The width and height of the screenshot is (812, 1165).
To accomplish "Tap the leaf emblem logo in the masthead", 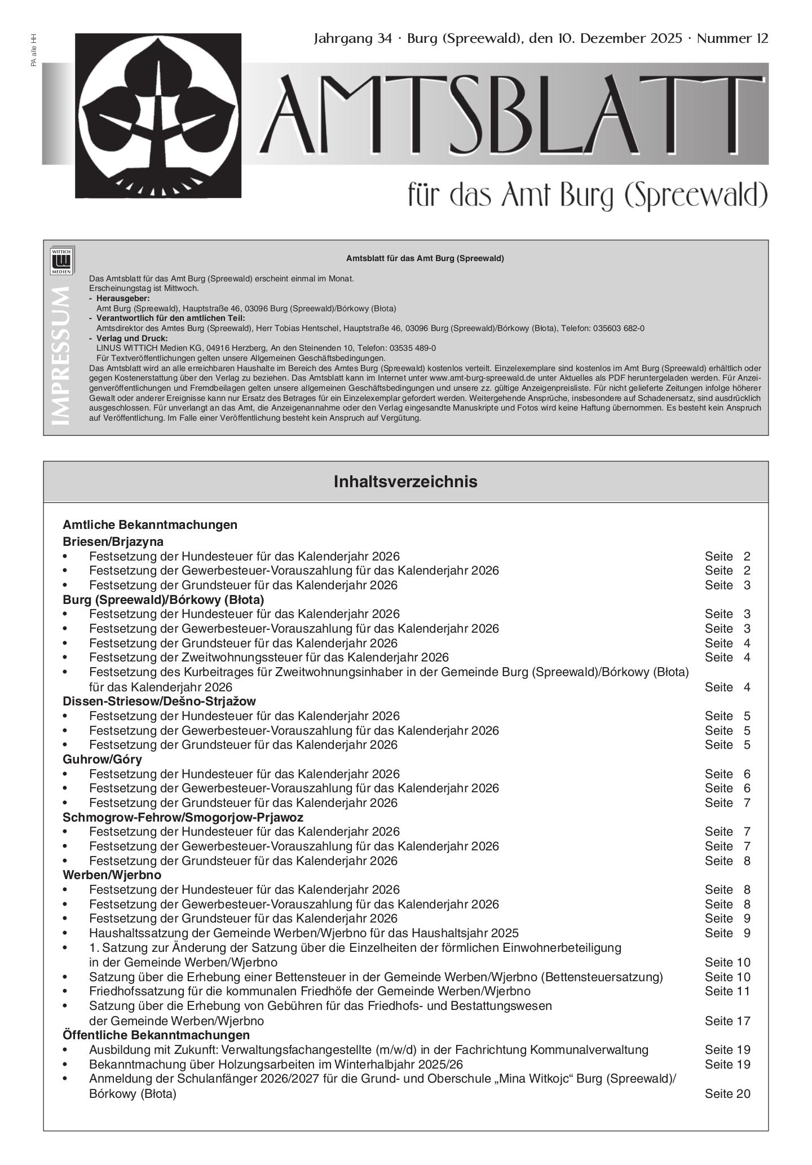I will click(158, 115).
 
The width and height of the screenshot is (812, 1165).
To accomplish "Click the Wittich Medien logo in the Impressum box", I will click(63, 261).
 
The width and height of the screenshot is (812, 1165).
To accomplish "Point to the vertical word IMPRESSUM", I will click(61, 356).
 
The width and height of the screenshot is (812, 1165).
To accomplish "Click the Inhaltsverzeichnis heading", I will click(405, 482).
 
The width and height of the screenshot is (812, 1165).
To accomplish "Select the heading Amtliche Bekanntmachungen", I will click(150, 525).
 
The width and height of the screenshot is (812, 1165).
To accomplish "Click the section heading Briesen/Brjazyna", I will click(113, 542).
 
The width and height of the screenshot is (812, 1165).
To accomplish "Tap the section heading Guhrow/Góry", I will click(102, 760).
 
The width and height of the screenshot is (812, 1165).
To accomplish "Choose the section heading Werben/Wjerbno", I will click(112, 875).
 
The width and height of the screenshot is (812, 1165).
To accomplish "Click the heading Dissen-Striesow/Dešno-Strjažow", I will click(159, 701).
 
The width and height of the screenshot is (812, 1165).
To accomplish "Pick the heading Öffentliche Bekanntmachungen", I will click(156, 1035).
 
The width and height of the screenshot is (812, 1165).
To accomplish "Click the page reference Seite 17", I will click(727, 1021).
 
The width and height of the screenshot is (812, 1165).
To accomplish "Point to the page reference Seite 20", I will click(727, 1094).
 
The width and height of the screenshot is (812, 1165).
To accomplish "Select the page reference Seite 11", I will click(727, 991).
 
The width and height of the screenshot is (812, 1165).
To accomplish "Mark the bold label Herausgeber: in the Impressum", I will click(123, 298).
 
